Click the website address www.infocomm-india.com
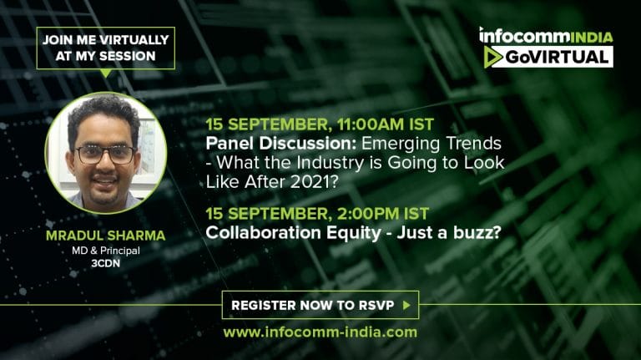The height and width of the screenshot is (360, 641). click(x=320, y=332)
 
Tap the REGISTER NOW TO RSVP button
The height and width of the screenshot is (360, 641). click(x=320, y=305)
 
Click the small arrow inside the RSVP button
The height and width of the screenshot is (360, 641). click(x=406, y=305)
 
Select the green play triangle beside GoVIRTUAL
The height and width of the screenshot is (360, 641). click(x=492, y=57)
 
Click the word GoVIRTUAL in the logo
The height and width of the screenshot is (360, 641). click(x=557, y=57)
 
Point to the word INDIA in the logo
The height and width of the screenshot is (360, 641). click(x=591, y=37)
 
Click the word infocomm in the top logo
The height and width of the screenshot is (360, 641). click(x=524, y=36)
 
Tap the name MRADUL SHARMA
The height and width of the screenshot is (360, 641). click(x=105, y=236)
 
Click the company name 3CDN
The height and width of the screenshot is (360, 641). click(x=105, y=263)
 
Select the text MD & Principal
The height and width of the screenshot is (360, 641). click(x=106, y=251)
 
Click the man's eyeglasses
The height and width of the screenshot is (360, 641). click(x=105, y=155)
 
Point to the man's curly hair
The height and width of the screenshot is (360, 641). click(x=103, y=114)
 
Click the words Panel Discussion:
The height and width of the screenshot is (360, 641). click(x=281, y=143)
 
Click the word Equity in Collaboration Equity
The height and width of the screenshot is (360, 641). click(x=354, y=233)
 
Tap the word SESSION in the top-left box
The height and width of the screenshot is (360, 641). click(x=128, y=56)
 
